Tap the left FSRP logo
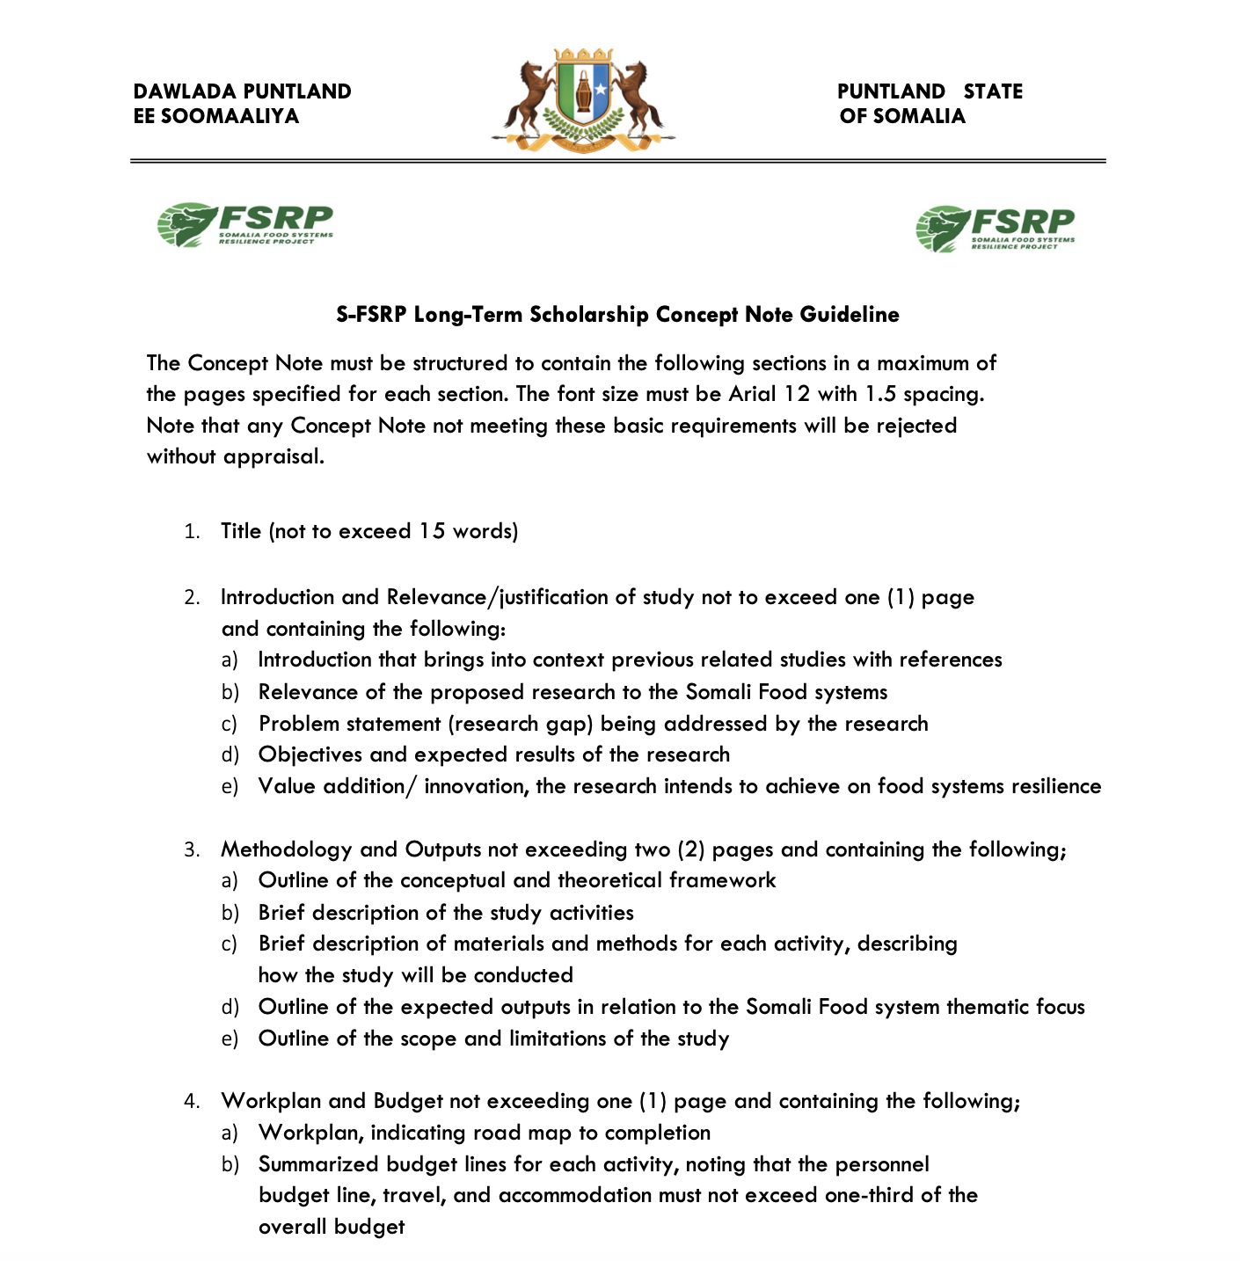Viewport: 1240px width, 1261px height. (245, 225)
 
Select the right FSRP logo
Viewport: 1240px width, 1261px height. (995, 229)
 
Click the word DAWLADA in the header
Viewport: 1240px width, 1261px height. (185, 91)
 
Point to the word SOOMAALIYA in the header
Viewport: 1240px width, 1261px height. (230, 116)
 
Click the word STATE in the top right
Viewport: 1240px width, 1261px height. (993, 91)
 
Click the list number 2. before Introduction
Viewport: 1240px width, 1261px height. (192, 598)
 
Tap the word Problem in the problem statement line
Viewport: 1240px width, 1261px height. (299, 724)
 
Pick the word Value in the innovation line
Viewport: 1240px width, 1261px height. (288, 786)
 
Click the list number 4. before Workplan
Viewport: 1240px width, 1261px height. (192, 1102)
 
